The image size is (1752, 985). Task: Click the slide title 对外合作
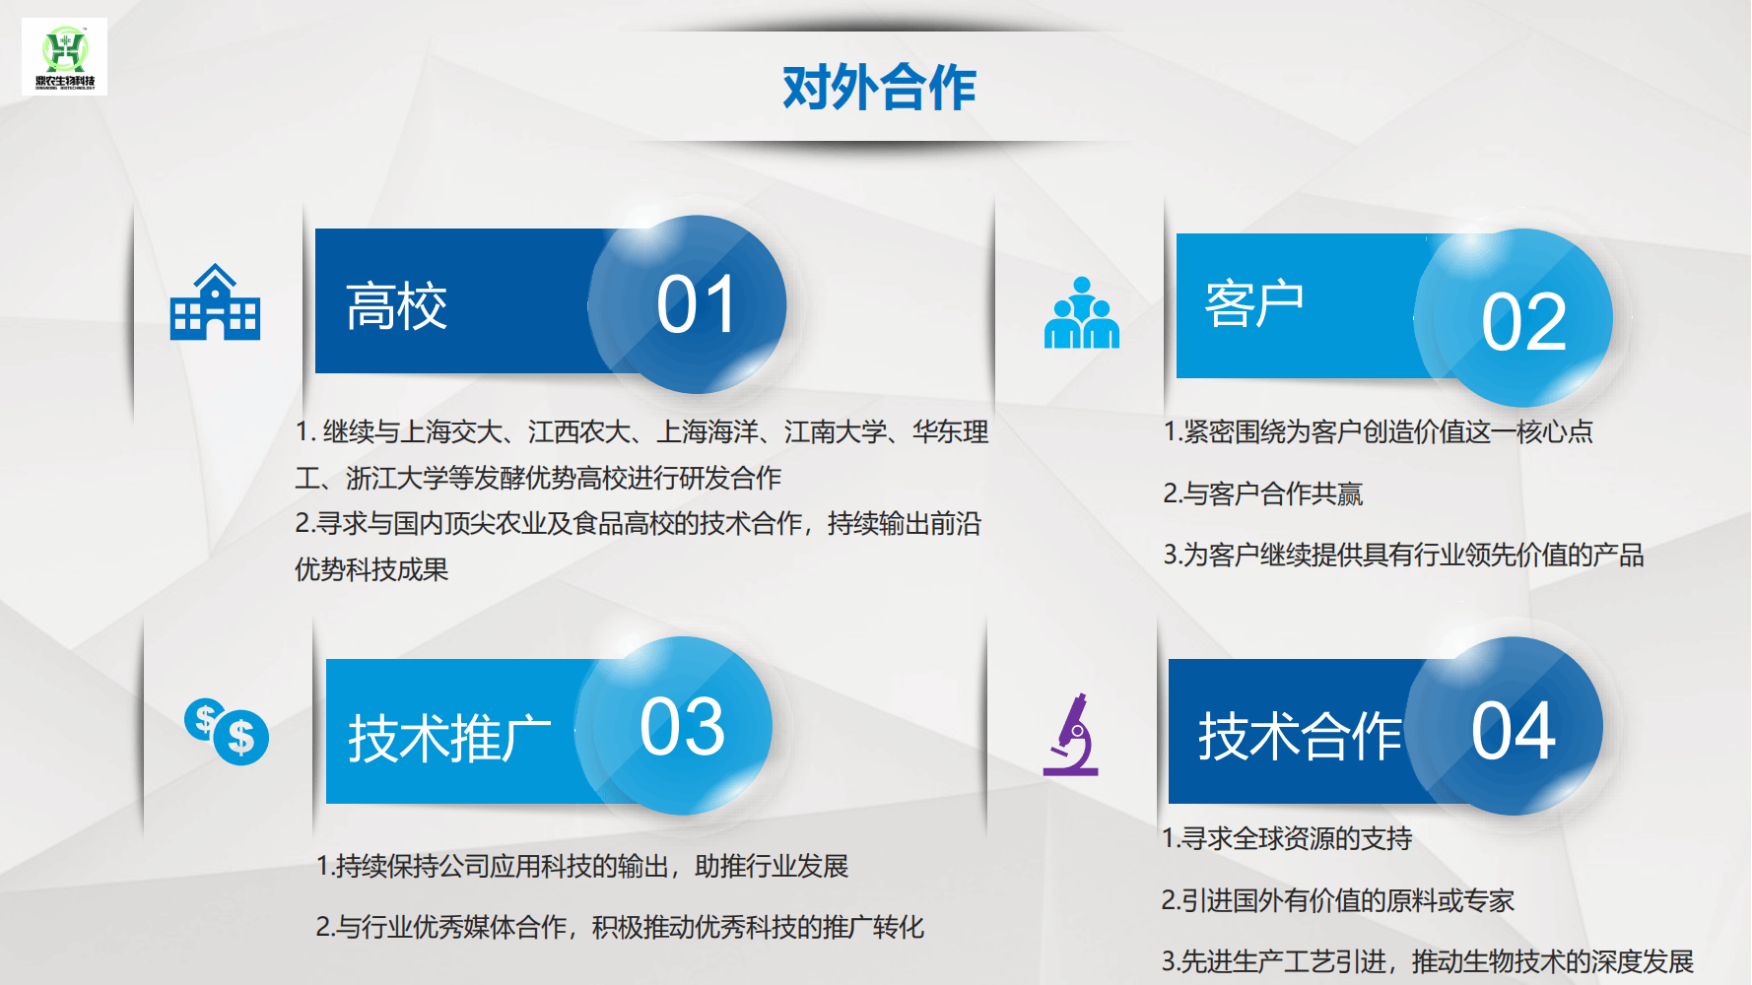pyautogui.click(x=879, y=88)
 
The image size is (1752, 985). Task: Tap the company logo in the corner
pyautogui.click(x=65, y=56)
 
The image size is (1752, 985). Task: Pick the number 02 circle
pyautogui.click(x=1514, y=318)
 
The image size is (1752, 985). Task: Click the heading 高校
pyautogui.click(x=397, y=306)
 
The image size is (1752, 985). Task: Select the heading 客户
pyautogui.click(x=1254, y=302)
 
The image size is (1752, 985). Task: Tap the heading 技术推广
pyautogui.click(x=449, y=737)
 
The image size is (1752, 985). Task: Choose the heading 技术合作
pyautogui.click(x=1300, y=736)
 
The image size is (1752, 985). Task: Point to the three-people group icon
pyautogui.click(x=1082, y=312)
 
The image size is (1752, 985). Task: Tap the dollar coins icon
pyautogui.click(x=227, y=732)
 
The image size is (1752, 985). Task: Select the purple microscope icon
pyautogui.click(x=1071, y=734)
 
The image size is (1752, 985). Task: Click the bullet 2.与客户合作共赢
pyautogui.click(x=1263, y=493)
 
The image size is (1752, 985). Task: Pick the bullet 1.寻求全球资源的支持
pyautogui.click(x=1287, y=838)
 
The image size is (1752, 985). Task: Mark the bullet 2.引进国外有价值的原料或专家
pyautogui.click(x=1338, y=900)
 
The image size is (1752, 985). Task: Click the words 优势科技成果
pyautogui.click(x=371, y=569)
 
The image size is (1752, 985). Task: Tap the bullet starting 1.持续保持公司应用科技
pyautogui.click(x=582, y=866)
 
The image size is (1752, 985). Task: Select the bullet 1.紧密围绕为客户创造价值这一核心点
pyautogui.click(x=1379, y=431)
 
